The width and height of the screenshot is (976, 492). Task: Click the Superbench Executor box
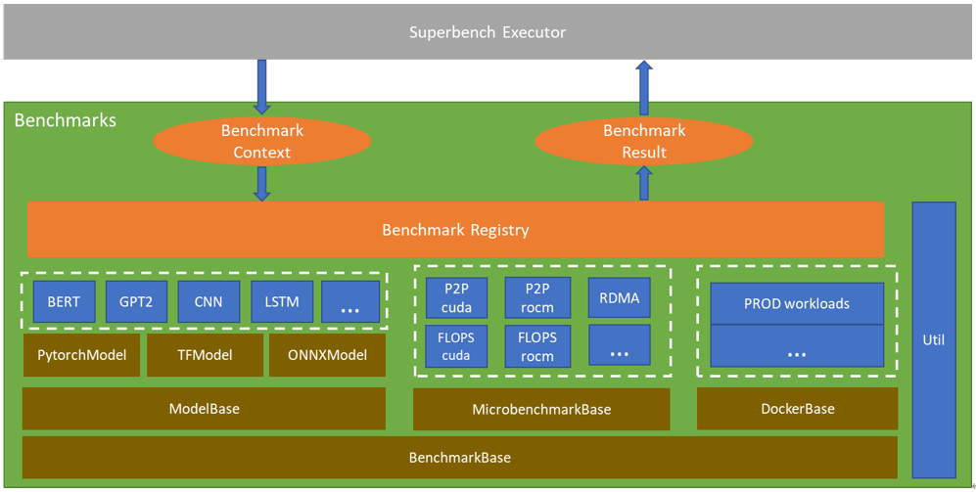[x=487, y=32]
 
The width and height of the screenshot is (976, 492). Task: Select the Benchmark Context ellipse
[x=261, y=142]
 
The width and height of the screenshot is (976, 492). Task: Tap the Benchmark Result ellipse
[x=643, y=142]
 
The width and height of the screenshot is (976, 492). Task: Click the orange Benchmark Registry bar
[x=455, y=230]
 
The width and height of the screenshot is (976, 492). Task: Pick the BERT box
[x=64, y=301]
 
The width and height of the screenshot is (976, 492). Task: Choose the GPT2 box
[x=136, y=301]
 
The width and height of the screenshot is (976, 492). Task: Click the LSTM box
[x=282, y=301]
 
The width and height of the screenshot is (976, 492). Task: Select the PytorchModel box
[x=81, y=355]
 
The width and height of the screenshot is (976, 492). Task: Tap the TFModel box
[x=204, y=355]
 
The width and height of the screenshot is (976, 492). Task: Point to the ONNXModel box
[x=327, y=355]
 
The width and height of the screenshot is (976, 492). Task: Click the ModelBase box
[x=204, y=408]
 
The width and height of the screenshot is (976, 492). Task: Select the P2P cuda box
[x=456, y=297]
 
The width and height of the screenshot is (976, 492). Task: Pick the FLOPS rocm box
[x=537, y=345]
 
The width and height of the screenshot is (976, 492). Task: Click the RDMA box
[x=619, y=297]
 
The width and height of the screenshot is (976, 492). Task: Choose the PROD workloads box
[x=796, y=303]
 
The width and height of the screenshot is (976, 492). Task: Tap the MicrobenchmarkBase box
[x=541, y=409]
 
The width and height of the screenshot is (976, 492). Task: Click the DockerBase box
[x=797, y=408]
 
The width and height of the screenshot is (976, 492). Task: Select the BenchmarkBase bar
[x=459, y=457]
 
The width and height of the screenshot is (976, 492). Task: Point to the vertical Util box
[x=933, y=339]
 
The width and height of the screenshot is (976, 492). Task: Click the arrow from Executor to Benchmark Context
[x=261, y=86]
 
